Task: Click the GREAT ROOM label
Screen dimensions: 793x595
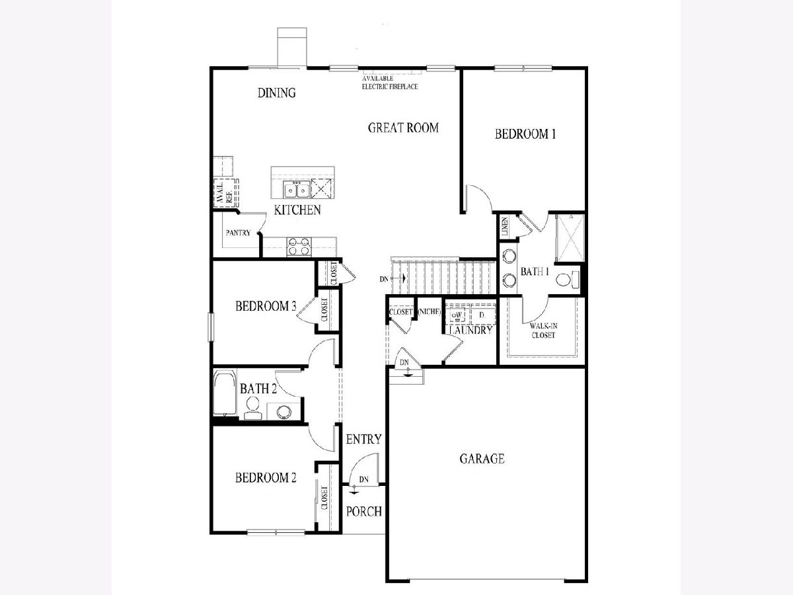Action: pyautogui.click(x=403, y=128)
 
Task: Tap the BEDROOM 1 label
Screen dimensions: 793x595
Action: pyautogui.click(x=525, y=134)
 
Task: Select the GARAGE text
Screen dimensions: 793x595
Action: pyautogui.click(x=482, y=458)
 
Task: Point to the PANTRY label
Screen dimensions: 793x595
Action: pyautogui.click(x=238, y=233)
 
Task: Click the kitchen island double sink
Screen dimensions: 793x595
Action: pyautogui.click(x=296, y=190)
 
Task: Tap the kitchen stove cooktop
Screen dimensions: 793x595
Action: pyautogui.click(x=299, y=247)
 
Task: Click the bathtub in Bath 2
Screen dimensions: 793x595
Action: pyautogui.click(x=224, y=393)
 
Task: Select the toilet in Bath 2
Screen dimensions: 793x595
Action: pyautogui.click(x=252, y=408)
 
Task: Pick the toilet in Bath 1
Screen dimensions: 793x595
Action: pyautogui.click(x=566, y=279)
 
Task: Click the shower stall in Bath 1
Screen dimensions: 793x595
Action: pyautogui.click(x=570, y=238)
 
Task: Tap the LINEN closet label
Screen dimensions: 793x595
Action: pyautogui.click(x=505, y=226)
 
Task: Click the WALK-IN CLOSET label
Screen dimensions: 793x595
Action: pyautogui.click(x=543, y=330)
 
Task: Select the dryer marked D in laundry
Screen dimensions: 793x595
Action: pyautogui.click(x=482, y=315)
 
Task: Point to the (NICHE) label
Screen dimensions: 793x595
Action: pyautogui.click(x=429, y=311)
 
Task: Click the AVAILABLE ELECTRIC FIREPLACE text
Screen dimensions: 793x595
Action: pyautogui.click(x=390, y=83)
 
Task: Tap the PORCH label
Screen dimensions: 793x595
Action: pyautogui.click(x=364, y=511)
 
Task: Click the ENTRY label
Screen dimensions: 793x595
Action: pyautogui.click(x=364, y=439)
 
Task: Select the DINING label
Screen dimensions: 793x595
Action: pyautogui.click(x=277, y=93)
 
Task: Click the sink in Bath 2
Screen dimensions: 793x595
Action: pyautogui.click(x=284, y=411)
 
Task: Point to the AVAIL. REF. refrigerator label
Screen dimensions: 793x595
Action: pyautogui.click(x=224, y=192)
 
